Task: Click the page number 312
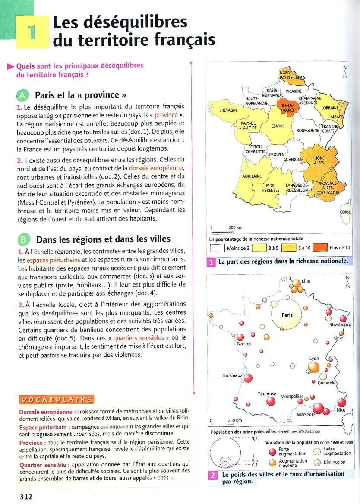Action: tap(26, 496)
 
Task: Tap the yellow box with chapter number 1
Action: tap(32, 32)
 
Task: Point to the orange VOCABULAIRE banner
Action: tap(56, 400)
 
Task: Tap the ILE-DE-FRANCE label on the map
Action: tap(285, 107)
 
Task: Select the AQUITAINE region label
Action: tap(252, 176)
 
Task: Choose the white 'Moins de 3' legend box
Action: tap(218, 248)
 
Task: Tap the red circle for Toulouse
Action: tap(271, 401)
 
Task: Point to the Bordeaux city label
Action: tap(233, 375)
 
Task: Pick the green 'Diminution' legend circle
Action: tap(317, 462)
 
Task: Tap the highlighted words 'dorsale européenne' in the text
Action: tap(156, 167)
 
